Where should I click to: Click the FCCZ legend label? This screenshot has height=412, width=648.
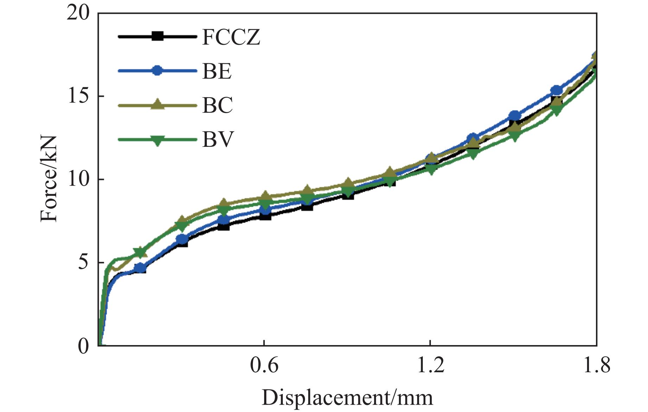click(x=231, y=37)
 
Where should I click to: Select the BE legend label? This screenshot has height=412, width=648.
click(x=217, y=71)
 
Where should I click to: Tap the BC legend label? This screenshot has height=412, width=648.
click(x=217, y=105)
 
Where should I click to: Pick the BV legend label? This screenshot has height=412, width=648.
click(x=218, y=139)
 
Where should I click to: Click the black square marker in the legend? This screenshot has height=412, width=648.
click(x=157, y=36)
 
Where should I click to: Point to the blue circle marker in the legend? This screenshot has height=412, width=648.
click(x=157, y=70)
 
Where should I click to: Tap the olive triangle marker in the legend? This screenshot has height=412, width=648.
click(x=157, y=105)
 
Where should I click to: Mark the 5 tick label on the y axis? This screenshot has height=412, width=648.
click(x=83, y=263)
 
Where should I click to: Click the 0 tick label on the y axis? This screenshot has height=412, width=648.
click(x=83, y=346)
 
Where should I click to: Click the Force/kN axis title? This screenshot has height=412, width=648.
click(x=49, y=180)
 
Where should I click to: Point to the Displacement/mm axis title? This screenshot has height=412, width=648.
click(x=347, y=398)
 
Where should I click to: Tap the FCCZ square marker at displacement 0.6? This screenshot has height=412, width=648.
click(x=265, y=215)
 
